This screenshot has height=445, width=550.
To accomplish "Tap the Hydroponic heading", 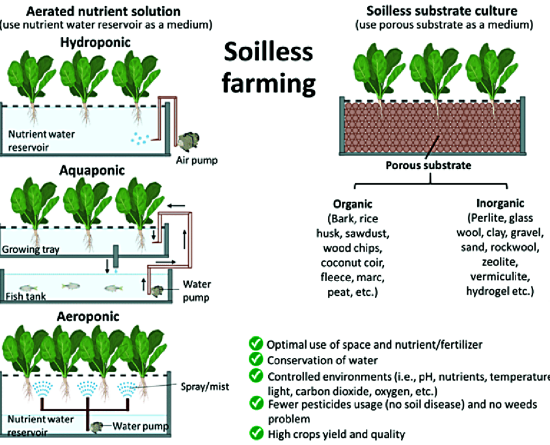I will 96,43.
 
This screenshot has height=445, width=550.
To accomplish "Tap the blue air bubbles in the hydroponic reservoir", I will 140,138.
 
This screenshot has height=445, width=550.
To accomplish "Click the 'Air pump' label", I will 197,160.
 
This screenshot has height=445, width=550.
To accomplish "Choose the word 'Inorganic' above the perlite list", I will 500,203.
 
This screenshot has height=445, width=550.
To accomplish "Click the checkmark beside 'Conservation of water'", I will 256,359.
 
